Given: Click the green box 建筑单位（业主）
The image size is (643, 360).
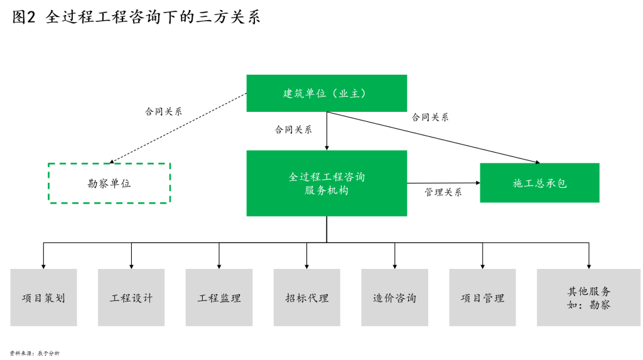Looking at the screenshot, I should click(327, 93).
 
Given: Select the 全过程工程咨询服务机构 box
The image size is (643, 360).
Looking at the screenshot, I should click(327, 183).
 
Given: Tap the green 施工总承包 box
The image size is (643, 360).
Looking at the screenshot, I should click(539, 183).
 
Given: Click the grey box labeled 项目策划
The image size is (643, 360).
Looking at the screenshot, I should click(43, 298).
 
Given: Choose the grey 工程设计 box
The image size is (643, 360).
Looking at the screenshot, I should click(131, 298).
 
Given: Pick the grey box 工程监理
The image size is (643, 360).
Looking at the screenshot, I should click(219, 298).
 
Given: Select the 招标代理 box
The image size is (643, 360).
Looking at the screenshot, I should click(306, 298).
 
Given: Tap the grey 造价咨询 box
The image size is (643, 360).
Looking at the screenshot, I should click(394, 298).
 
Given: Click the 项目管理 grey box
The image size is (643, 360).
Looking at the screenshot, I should click(482, 298).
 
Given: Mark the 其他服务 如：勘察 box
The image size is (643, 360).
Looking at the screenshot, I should click(589, 298).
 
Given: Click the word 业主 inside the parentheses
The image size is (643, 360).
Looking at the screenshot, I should click(349, 94).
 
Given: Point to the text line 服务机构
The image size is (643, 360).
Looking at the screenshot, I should click(327, 190).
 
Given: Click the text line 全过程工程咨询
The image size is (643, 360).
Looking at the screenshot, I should click(327, 177).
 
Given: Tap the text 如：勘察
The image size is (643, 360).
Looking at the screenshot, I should click(589, 305).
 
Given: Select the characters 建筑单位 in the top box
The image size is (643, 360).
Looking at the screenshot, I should click(305, 94).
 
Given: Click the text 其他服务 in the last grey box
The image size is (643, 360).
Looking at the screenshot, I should click(589, 291).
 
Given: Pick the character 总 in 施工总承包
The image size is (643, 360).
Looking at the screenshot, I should click(539, 183).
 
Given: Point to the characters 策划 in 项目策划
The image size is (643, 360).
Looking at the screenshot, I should click(55, 298).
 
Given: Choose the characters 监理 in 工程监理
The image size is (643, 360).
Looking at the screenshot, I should click(230, 298).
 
